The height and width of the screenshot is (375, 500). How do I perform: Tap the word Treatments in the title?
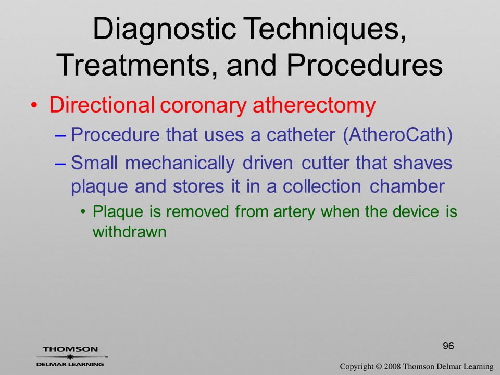tap(137, 65)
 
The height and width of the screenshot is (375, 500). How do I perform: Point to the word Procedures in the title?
tap(365, 65)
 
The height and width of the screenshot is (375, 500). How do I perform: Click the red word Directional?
tap(102, 105)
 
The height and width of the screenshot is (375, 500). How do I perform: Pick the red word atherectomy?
tap(314, 106)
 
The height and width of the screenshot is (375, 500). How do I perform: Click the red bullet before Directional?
tap(34, 105)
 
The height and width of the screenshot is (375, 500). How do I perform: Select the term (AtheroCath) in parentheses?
tap(397, 135)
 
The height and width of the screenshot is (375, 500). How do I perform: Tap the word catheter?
tap(301, 134)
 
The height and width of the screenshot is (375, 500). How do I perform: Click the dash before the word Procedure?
tap(60, 135)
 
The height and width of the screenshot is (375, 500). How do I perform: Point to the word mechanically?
tap(180, 163)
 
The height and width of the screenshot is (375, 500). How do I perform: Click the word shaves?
tap(422, 162)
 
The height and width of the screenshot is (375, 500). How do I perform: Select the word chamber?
tap(407, 186)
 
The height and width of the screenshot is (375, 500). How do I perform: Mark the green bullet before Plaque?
tap(83, 212)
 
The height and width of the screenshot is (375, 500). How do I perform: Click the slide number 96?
tap(448, 346)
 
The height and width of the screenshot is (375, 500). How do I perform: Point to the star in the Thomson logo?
tap(70, 357)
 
